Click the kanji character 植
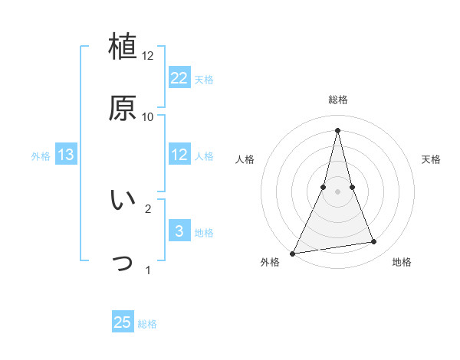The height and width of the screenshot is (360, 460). tap(123, 47)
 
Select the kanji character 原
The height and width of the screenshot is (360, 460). tap(123, 109)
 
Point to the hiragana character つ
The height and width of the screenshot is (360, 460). tap(123, 262)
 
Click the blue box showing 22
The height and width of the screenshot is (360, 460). tap(179, 78)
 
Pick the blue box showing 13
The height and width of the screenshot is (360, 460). tap(66, 155)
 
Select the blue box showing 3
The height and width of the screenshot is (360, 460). tap(179, 231)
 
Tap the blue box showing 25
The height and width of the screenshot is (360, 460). tap(123, 322)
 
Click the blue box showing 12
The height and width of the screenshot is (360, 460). tap(179, 155)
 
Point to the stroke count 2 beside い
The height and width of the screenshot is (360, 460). tap(147, 208)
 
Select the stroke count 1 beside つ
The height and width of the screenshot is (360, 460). tap(147, 270)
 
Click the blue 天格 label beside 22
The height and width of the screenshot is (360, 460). tap(204, 79)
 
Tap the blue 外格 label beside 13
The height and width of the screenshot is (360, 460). tap(41, 155)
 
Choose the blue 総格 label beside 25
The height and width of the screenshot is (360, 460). tap(147, 323)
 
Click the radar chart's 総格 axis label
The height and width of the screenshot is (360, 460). tap(337, 100)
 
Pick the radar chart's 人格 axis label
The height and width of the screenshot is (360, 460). tap(245, 159)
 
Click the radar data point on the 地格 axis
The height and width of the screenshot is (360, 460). tap(374, 242)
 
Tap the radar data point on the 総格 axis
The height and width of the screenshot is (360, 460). tap(337, 130)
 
